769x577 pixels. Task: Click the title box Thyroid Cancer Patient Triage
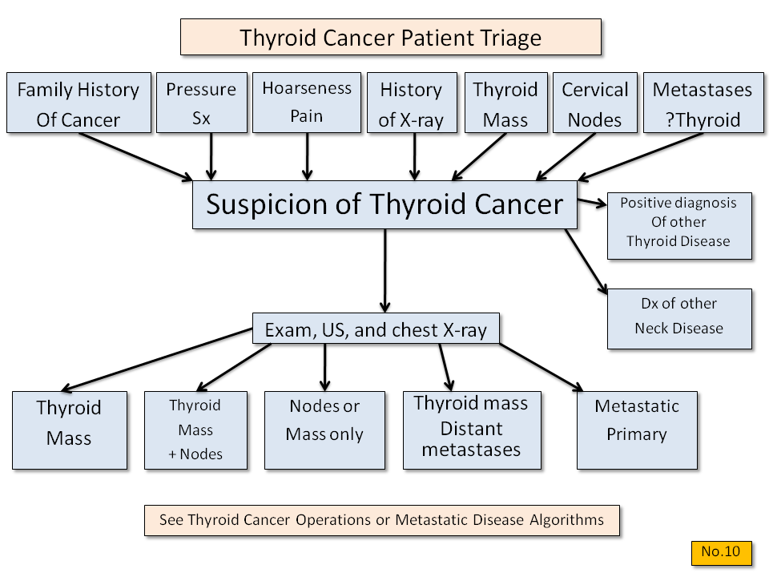click(391, 37)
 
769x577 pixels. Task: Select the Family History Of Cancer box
click(79, 103)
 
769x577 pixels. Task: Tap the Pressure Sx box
click(202, 103)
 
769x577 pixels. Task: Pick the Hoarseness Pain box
click(307, 103)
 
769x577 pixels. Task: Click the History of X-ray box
click(412, 103)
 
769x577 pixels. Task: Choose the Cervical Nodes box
click(595, 103)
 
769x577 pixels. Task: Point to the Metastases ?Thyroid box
click(703, 103)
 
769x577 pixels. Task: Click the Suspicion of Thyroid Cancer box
click(384, 204)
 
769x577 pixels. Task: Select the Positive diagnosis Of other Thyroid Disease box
click(679, 226)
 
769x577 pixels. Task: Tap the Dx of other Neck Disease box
click(679, 319)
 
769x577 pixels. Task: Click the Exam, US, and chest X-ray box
click(376, 329)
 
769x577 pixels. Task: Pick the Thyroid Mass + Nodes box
click(195, 430)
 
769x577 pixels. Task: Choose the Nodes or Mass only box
click(324, 430)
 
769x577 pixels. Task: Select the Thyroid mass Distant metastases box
click(472, 430)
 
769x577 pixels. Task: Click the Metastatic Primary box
click(637, 430)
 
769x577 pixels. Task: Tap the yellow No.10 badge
click(722, 553)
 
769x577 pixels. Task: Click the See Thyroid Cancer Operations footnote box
click(382, 520)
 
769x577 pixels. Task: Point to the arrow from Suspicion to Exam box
click(385, 271)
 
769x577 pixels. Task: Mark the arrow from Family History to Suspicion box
click(136, 157)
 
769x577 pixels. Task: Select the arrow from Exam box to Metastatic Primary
click(542, 368)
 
